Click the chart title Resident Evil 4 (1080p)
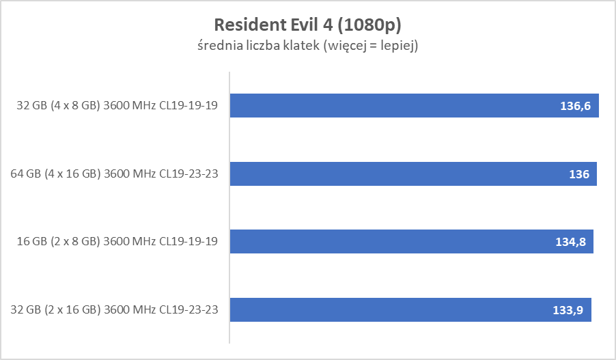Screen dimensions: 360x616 pos(307,25)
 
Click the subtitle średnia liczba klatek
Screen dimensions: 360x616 pos(307,46)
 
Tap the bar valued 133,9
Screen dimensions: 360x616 pos(410,309)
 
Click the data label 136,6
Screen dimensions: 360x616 pos(576,106)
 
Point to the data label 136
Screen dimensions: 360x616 pos(579,174)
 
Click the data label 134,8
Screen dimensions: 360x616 pos(570,242)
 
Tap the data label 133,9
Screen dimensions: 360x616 pos(568,310)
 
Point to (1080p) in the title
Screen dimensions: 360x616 pos(369,25)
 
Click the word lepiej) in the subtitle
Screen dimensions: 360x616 pos(399,46)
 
